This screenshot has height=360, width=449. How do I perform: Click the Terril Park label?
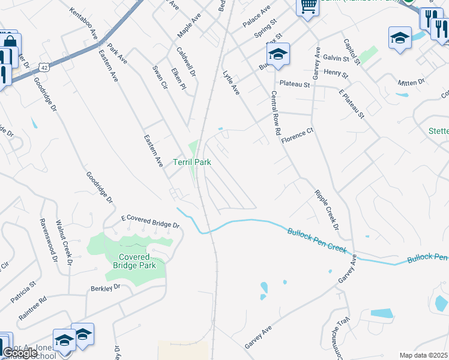coord(191,162)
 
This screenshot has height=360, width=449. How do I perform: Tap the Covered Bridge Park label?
coord(135,261)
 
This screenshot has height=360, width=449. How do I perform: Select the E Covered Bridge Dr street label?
coord(150,221)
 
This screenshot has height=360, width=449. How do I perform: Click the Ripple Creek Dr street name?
coord(327,211)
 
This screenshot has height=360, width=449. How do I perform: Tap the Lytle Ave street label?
coord(231,83)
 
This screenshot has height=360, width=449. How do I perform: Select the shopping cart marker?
coord(308,7)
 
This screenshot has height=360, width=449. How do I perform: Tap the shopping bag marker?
coord(10,42)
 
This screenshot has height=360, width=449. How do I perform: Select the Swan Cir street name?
coord(160,77)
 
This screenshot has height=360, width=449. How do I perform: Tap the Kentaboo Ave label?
coord(83,23)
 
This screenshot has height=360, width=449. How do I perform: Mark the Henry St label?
coord(336,73)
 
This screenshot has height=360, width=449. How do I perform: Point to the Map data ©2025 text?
coord(424,355)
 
